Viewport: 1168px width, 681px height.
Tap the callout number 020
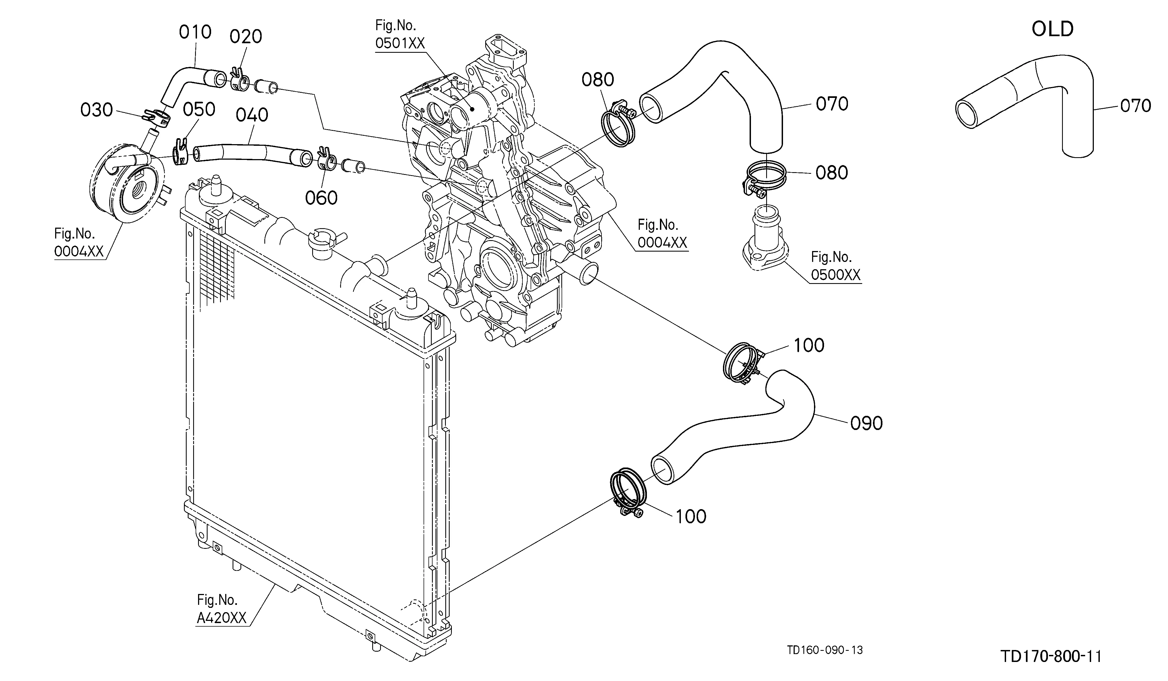246,36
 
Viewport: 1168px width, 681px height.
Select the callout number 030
96,110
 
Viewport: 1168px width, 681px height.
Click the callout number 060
321,198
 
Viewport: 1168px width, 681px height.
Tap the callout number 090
866,423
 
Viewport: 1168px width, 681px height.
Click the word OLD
1053,29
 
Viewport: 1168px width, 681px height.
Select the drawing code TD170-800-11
1051,657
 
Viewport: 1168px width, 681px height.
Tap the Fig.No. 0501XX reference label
400,34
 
